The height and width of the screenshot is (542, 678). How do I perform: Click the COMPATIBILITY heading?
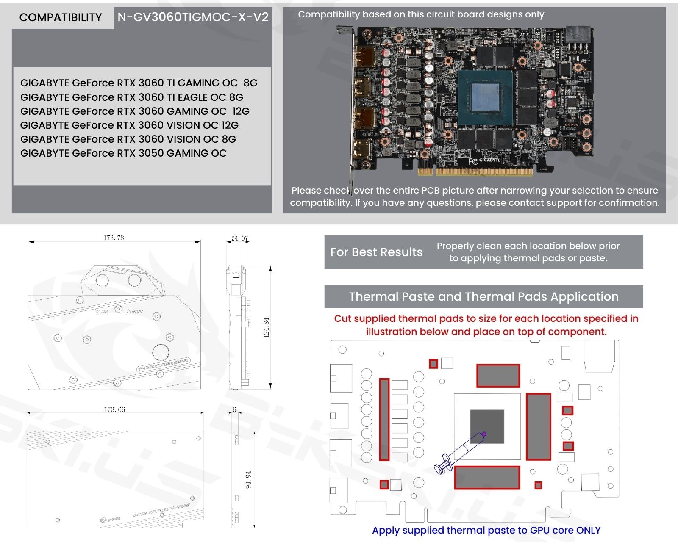61,17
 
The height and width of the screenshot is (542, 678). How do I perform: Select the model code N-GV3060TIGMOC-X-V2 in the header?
193,17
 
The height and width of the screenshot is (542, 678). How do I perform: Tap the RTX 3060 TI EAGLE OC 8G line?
132,97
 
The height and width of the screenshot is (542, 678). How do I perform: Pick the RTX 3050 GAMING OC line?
123,153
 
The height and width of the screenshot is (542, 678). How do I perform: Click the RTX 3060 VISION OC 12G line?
129,125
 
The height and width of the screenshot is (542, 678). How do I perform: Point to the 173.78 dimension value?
114,238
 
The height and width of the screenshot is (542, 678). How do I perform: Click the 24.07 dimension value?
239,238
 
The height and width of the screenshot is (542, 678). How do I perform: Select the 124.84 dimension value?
266,327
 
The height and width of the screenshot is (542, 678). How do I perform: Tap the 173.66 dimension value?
114,409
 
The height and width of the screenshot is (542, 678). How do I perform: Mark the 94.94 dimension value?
248,479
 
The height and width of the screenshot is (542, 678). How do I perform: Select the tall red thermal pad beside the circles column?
384,419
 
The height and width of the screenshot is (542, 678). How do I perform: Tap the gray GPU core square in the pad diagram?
487,426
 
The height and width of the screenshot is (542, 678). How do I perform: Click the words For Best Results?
376,252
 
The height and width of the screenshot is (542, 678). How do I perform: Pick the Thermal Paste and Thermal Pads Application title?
483,296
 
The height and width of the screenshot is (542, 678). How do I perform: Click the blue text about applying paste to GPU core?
486,530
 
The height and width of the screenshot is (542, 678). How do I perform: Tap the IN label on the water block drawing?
103,311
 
